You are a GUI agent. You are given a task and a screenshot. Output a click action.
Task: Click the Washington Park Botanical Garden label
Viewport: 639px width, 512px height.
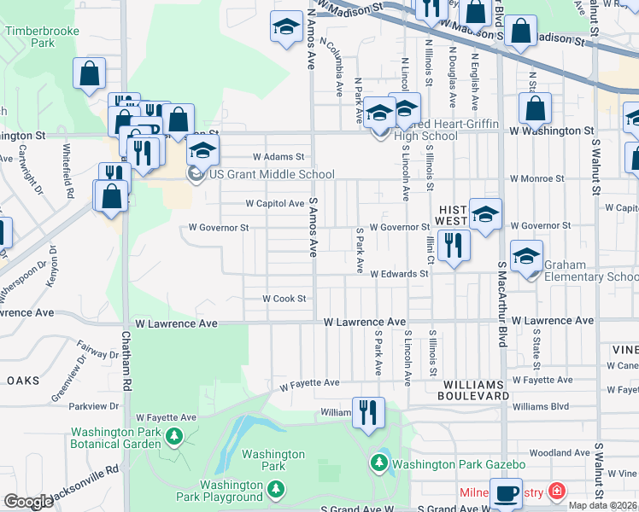[115, 438]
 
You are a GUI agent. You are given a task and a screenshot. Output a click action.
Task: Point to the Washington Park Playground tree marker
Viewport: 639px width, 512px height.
[275, 489]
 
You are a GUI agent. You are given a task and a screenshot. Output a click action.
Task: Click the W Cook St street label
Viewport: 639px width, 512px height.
[284, 299]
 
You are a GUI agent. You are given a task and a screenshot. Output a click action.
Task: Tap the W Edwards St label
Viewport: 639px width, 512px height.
[399, 274]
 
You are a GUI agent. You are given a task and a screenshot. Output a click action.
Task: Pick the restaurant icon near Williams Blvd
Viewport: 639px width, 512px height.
[367, 412]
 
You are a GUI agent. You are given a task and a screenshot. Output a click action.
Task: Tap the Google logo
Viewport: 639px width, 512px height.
[28, 502]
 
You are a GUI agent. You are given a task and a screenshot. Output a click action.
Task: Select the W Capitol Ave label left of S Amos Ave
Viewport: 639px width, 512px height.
[275, 204]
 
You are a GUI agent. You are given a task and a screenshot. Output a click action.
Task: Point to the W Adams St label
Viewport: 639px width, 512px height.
[278, 157]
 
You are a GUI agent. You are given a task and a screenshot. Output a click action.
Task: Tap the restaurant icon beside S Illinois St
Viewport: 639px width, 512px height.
[456, 245]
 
